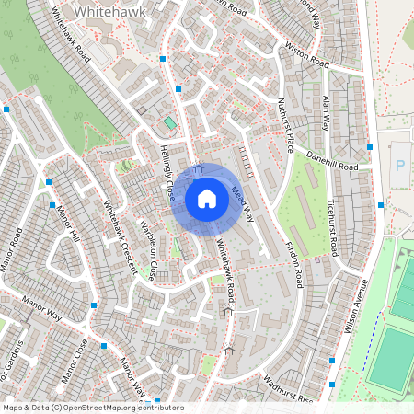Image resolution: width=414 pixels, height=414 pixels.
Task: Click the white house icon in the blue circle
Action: click(207, 198)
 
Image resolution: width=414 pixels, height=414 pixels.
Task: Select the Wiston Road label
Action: click(306, 56)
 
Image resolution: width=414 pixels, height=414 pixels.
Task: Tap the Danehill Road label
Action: click(332, 162)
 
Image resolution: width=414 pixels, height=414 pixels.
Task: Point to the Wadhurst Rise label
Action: click(288, 385)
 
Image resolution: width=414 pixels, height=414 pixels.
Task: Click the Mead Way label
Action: click(243, 202)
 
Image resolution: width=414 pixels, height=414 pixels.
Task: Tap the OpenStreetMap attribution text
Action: click(92, 408)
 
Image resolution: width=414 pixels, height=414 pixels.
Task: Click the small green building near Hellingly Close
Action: click(170, 122)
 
